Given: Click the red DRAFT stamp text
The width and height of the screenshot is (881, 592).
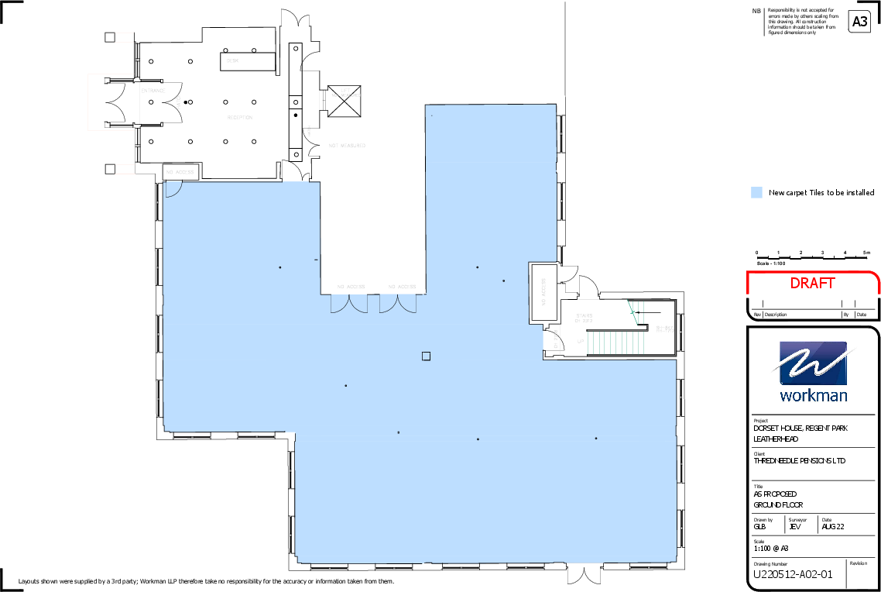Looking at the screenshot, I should click(x=812, y=284).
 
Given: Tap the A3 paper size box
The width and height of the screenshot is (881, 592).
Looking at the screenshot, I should click(x=859, y=22).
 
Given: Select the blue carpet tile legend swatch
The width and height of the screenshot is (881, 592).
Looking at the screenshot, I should click(x=756, y=192).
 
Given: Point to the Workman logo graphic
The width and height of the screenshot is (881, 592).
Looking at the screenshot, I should click(x=813, y=364).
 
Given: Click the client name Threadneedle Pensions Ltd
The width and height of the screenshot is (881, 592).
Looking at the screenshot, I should click(x=800, y=460).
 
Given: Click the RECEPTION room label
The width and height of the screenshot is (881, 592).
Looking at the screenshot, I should click(x=239, y=118).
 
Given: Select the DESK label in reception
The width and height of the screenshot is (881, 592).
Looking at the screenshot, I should click(x=232, y=60).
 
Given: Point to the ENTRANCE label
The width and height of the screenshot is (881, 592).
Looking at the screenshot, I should click(x=153, y=91).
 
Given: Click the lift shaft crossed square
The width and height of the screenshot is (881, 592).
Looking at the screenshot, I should click(x=345, y=102).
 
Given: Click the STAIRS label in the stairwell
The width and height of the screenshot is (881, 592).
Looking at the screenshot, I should click(x=584, y=315).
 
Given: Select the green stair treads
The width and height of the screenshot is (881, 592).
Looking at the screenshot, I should click(x=616, y=342).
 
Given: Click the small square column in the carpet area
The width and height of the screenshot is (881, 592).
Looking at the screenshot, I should click(x=426, y=356).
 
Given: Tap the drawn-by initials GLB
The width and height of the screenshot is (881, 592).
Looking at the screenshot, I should click(x=759, y=527).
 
